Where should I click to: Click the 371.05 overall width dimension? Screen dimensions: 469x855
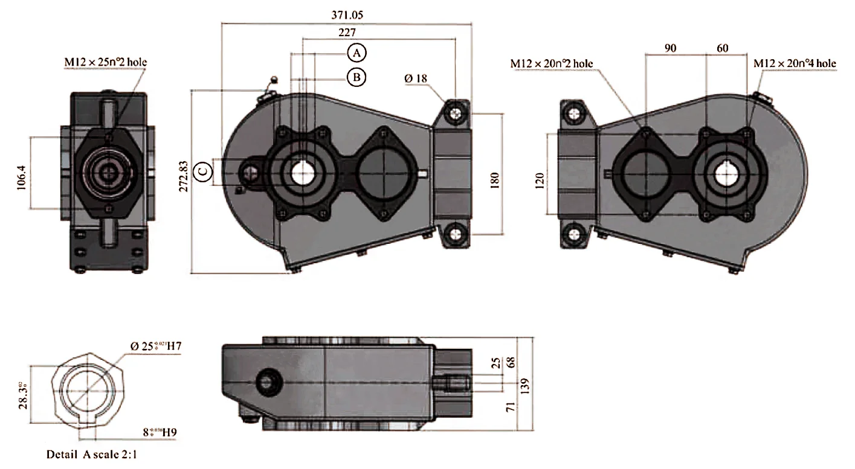pos(347,14)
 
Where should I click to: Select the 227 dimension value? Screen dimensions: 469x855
pos(347,33)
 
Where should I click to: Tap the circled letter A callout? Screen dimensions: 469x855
pos(357,53)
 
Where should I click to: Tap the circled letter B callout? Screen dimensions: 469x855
pos(357,77)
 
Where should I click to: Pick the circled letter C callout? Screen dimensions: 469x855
pos(204,172)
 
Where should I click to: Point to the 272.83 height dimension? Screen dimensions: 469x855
pos(183,176)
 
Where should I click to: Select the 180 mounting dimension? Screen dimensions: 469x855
pos(494,179)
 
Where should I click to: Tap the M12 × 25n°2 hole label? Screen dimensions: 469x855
pos(106,62)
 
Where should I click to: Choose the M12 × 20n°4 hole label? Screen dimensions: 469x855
pos(794,63)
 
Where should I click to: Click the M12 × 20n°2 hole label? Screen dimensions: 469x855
pos(551,63)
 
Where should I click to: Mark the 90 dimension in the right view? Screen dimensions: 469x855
pos(670,48)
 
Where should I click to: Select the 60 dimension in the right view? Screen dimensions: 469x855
pos(722,48)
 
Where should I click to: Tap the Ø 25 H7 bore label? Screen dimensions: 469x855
pos(156,346)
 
